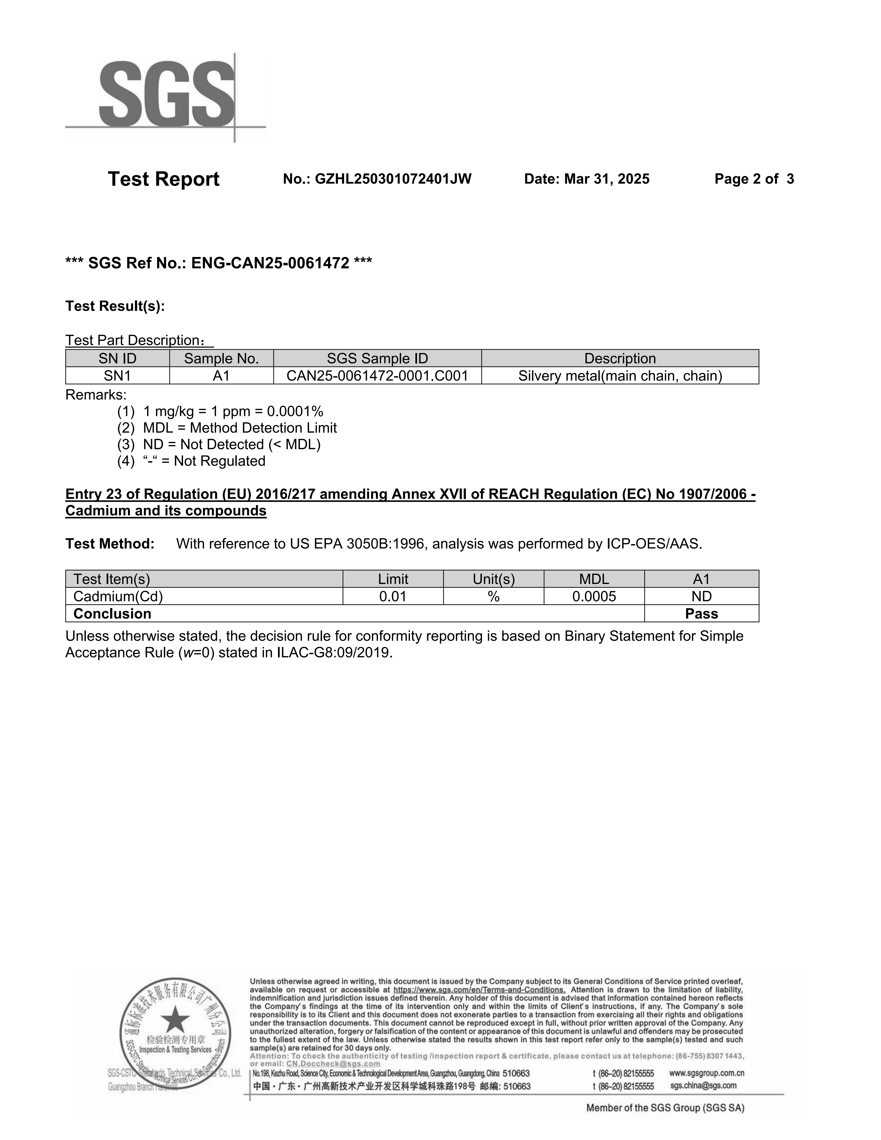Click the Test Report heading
click(x=163, y=179)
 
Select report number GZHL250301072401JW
click(x=392, y=179)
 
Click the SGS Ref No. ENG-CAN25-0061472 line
click(x=219, y=263)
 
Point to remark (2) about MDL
click(x=227, y=428)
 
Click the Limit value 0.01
click(x=393, y=596)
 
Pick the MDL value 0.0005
click(x=594, y=596)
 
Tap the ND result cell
click(x=702, y=596)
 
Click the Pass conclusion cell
click(x=702, y=614)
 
